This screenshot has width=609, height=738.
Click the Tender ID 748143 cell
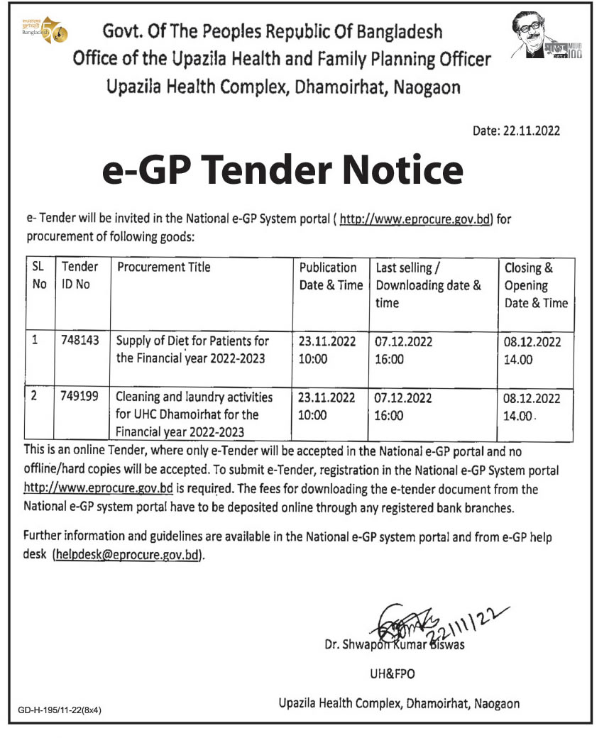[79, 341]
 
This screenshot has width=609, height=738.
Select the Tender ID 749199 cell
[79, 397]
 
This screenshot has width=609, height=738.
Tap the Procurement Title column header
[164, 268]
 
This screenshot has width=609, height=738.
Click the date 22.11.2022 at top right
[517, 131]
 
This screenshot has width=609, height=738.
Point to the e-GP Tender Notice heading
[282, 172]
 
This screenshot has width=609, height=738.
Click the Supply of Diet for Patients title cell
[192, 350]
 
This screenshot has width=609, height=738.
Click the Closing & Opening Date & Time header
[536, 285]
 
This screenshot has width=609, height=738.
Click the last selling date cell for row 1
[403, 350]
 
